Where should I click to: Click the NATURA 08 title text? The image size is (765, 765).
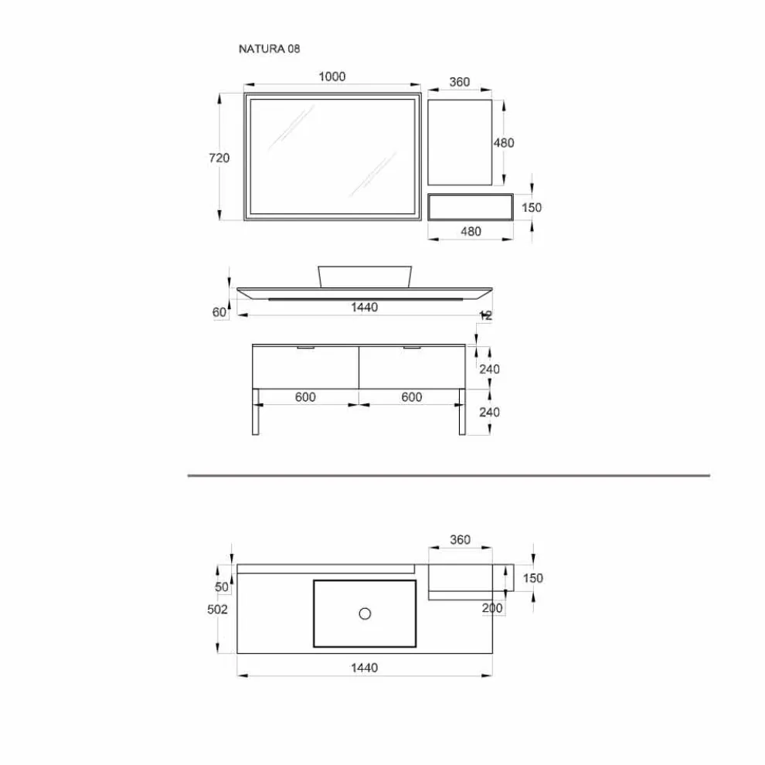pyautogui.click(x=269, y=49)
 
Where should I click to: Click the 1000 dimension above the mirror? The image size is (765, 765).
pyautogui.click(x=331, y=76)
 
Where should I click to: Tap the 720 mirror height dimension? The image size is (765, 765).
pyautogui.click(x=219, y=158)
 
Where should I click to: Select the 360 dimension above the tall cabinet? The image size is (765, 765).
pyautogui.click(x=460, y=82)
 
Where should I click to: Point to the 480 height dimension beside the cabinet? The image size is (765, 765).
pyautogui.click(x=504, y=143)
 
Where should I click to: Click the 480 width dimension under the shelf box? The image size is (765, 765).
pyautogui.click(x=471, y=231)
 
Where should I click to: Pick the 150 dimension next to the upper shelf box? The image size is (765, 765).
pyautogui.click(x=532, y=207)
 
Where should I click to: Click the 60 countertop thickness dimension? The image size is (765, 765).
pyautogui.click(x=219, y=312)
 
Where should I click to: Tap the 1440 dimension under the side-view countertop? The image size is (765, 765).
pyautogui.click(x=365, y=308)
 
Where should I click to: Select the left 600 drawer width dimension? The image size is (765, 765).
pyautogui.click(x=305, y=397)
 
